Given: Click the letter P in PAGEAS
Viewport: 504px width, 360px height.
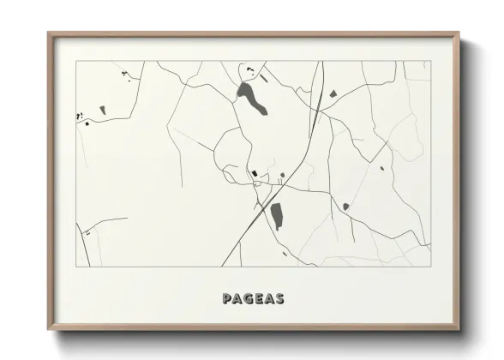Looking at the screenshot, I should click(x=227, y=299).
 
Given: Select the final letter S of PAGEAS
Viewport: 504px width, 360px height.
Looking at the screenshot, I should click(x=279, y=299).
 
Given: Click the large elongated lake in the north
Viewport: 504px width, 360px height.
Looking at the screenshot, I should click(x=252, y=98).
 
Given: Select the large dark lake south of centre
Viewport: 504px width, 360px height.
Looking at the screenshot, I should click(x=276, y=215).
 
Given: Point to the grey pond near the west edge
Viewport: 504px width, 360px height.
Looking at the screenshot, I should click(x=102, y=110).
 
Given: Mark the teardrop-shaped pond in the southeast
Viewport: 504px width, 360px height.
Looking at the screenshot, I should click(x=345, y=207).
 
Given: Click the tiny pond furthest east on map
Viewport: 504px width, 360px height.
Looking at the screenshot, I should click(x=382, y=168).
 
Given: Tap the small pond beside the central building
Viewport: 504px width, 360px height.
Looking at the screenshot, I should click(x=282, y=176).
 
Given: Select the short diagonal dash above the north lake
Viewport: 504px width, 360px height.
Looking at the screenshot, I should click(x=265, y=79).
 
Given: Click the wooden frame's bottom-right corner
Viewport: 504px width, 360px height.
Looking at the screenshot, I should click(x=459, y=329).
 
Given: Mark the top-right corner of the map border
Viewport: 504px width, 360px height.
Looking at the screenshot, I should click(x=430, y=61).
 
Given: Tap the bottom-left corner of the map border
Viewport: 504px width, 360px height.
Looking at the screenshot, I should click(x=76, y=266).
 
